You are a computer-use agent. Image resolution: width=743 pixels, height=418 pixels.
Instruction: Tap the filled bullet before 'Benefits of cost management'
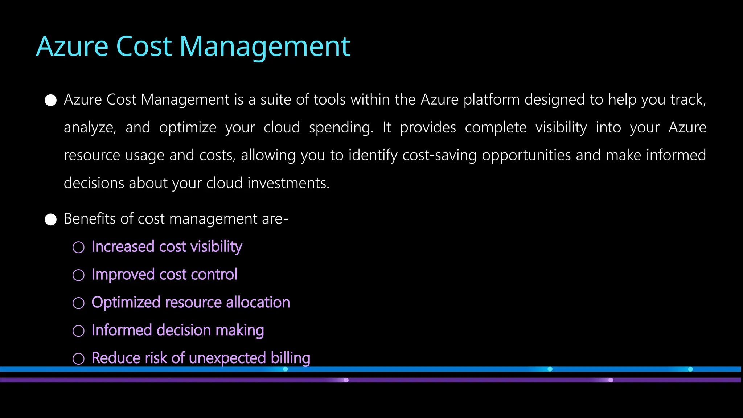click(51, 220)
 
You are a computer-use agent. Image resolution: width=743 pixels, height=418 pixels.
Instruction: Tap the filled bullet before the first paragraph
click(51, 100)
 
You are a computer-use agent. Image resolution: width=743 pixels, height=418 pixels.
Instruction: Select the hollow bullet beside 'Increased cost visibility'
click(78, 247)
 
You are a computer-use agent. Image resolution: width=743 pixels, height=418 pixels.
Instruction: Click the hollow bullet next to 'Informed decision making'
click(78, 331)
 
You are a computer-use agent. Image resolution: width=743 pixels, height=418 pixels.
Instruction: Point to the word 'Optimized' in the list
click(126, 303)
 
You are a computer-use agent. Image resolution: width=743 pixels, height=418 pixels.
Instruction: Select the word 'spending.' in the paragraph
click(341, 128)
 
